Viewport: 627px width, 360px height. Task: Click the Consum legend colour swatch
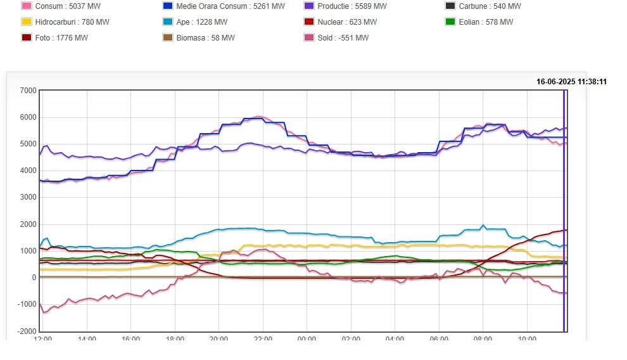click(x=27, y=6)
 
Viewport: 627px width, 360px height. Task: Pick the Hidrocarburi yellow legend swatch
click(x=27, y=22)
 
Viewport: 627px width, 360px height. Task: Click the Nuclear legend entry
click(x=348, y=22)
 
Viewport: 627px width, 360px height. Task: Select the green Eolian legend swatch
click(x=450, y=22)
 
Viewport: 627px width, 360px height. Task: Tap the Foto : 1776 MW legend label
click(x=61, y=38)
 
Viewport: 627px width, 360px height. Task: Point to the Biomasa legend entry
click(x=205, y=38)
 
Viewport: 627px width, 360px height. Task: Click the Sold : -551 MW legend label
click(x=343, y=38)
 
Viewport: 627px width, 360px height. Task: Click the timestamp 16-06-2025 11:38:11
click(x=571, y=82)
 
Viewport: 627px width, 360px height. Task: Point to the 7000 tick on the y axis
click(x=28, y=91)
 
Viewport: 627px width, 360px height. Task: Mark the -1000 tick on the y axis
click(x=27, y=305)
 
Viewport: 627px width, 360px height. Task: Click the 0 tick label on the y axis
click(x=34, y=278)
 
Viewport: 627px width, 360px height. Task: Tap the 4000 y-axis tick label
click(x=28, y=171)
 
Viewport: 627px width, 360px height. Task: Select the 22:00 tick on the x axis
click(x=262, y=339)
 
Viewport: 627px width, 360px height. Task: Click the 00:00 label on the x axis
click(x=307, y=339)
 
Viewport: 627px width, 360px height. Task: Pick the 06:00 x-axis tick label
click(x=438, y=339)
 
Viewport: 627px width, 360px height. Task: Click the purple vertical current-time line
click(x=564, y=209)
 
